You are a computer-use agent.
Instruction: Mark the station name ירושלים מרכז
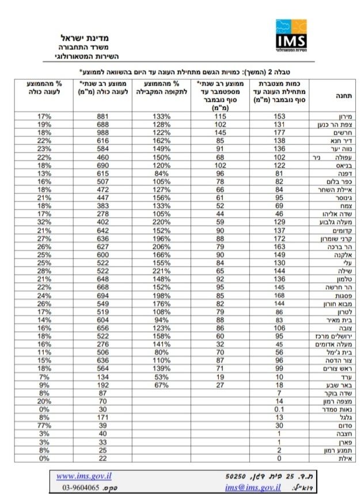tap(332, 335)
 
